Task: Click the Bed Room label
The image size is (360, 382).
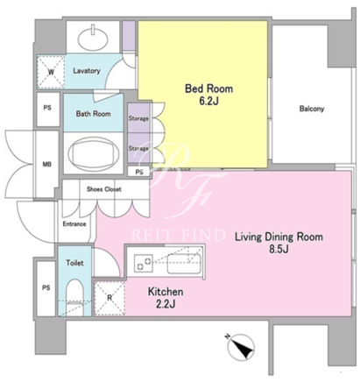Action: click(x=208, y=88)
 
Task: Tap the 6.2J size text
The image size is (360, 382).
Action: click(x=208, y=101)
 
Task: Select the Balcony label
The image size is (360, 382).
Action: click(x=312, y=109)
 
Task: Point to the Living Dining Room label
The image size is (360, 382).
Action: click(x=279, y=237)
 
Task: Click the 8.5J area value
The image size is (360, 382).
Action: click(x=279, y=249)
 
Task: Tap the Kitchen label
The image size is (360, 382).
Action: click(x=166, y=292)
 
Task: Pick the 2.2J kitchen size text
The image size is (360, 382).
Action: click(x=166, y=304)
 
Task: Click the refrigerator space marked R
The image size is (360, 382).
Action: click(x=109, y=298)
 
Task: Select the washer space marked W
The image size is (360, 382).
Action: click(x=51, y=72)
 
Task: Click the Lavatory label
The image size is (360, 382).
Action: click(x=87, y=71)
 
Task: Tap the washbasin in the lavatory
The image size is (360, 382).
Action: click(x=93, y=39)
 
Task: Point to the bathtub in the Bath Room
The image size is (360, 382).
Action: click(x=93, y=153)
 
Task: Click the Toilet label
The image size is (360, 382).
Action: click(x=74, y=263)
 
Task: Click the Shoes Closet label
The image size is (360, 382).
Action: click(x=104, y=189)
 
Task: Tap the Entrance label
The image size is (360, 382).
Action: click(x=74, y=224)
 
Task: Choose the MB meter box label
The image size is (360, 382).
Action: click(x=47, y=165)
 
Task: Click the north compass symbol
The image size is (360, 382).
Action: click(x=241, y=347)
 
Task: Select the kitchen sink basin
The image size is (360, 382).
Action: click(x=184, y=264)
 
